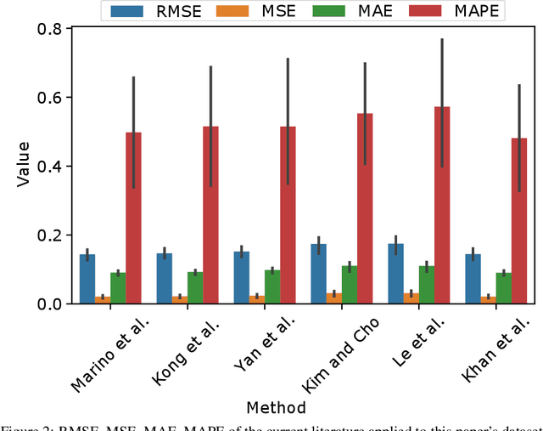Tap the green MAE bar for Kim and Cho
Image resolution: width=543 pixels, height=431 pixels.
pyautogui.click(x=350, y=285)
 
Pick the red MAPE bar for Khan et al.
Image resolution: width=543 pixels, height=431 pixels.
pyautogui.click(x=519, y=221)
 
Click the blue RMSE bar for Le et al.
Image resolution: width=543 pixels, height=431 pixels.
pyautogui.click(x=395, y=274)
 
